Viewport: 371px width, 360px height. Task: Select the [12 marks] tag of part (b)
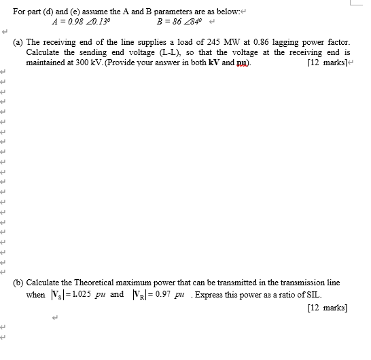(328, 307)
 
